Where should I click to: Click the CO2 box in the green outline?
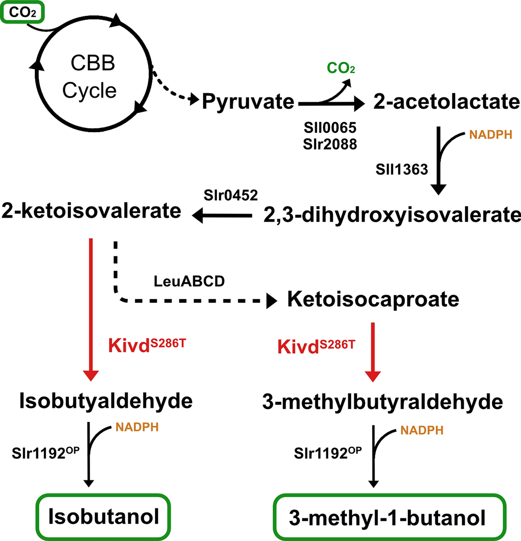22,12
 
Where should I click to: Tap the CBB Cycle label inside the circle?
91,77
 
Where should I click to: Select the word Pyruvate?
248,102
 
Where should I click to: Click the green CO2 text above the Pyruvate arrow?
341,68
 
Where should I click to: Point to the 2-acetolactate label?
446,102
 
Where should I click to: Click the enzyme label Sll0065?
330,128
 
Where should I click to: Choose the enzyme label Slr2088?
330,144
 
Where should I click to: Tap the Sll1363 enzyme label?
402,169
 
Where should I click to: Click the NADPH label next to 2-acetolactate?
491,135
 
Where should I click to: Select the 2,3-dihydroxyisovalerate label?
392,215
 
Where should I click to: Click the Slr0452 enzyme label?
230,195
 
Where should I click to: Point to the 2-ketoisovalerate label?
91,211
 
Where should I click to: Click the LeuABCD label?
189,281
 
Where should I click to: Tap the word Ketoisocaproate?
373,299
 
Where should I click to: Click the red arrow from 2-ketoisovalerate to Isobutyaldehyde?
91,309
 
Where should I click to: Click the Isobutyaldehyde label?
106,401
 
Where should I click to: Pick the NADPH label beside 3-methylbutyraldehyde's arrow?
422,430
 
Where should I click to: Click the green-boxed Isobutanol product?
104,517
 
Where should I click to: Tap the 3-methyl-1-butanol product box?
389,518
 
